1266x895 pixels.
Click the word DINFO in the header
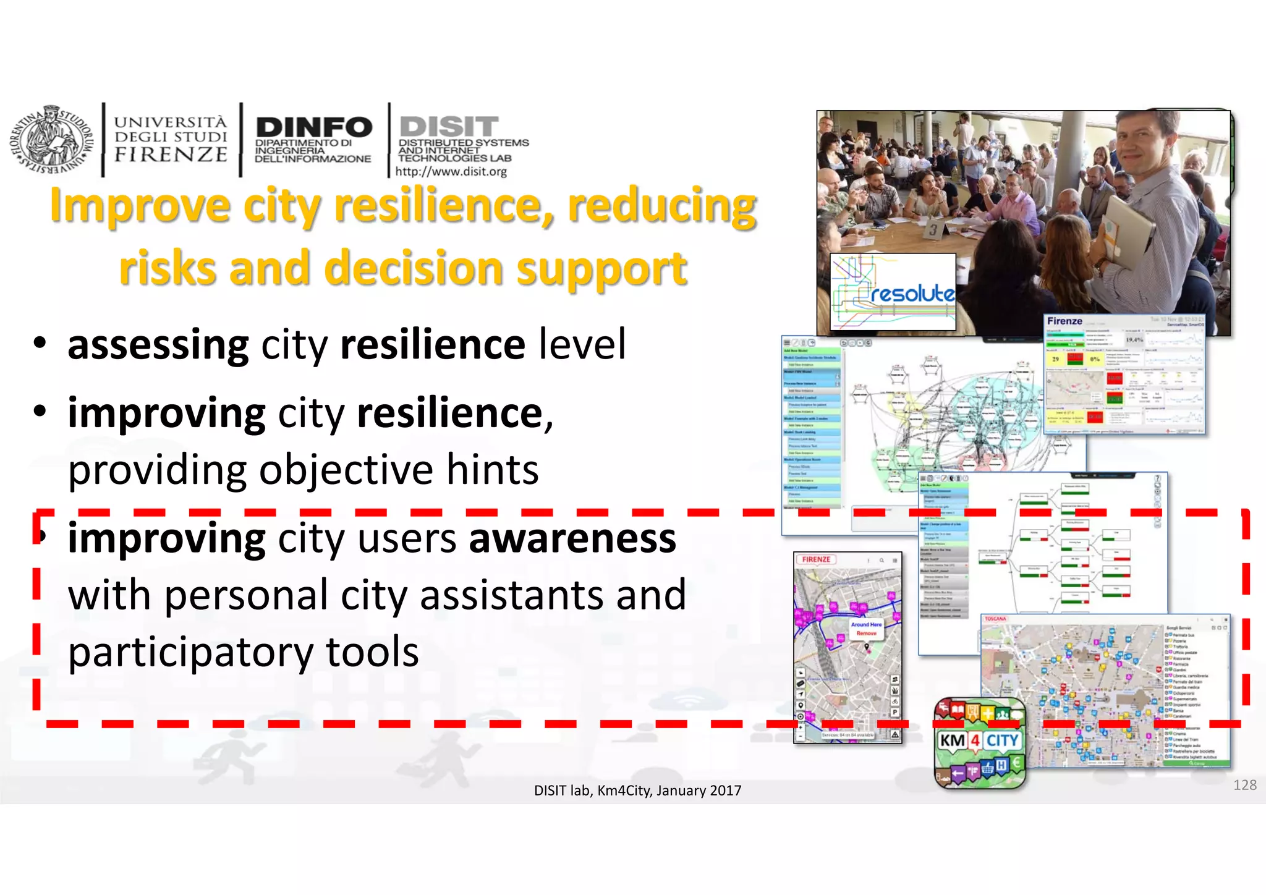[x=313, y=127]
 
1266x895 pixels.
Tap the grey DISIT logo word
[x=449, y=126]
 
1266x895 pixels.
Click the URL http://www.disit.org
[x=451, y=171]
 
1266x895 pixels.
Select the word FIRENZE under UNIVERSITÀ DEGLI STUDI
[x=171, y=155]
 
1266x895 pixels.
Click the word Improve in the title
[x=140, y=206]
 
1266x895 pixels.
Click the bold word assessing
[x=158, y=344]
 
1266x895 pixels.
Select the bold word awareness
[x=572, y=538]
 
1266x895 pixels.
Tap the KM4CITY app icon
[x=980, y=742]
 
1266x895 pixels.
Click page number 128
[x=1244, y=785]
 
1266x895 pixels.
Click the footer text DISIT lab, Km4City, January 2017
[x=637, y=791]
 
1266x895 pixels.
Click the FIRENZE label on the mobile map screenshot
[x=816, y=559]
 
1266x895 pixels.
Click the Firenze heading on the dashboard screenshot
[x=1064, y=321]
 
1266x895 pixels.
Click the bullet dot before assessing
[x=40, y=343]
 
